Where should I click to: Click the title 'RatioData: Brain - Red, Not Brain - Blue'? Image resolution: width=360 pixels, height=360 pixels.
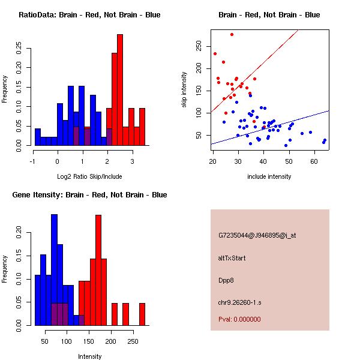89,15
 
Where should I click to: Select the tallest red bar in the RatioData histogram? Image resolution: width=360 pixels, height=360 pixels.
120,90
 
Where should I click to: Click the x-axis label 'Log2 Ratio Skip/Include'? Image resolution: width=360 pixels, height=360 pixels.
89,176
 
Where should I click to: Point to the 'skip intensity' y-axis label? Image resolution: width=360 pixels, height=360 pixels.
185,89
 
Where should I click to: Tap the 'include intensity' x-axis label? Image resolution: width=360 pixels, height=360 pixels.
269,176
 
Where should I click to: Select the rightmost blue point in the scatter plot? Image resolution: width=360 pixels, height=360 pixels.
325,140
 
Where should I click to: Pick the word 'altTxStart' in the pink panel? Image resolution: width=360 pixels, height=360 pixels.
232,258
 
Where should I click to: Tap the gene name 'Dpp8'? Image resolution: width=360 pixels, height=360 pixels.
226,280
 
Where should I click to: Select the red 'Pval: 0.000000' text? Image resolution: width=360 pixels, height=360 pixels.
239,319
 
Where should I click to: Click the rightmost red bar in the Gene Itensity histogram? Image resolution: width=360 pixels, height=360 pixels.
142,314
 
